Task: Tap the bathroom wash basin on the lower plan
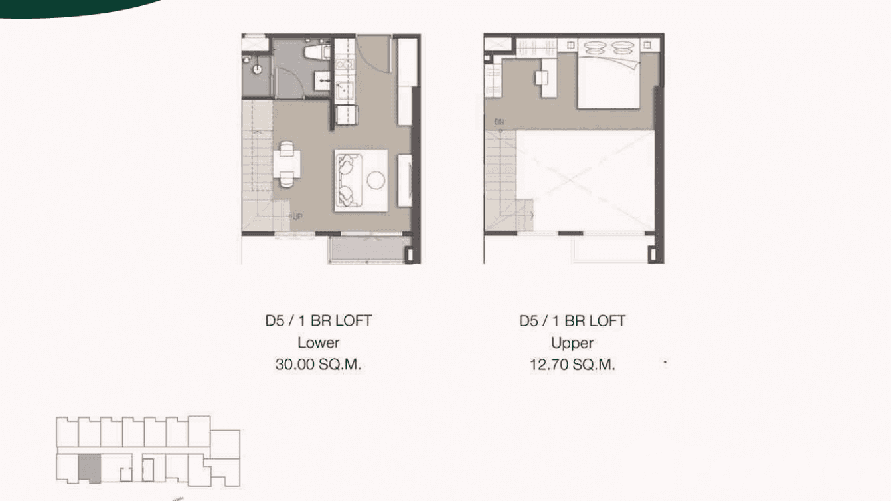[323, 81]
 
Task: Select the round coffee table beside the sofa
[376, 180]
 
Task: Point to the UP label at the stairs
[297, 216]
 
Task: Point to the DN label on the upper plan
[499, 122]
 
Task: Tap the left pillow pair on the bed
[594, 48]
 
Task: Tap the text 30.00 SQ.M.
[318, 365]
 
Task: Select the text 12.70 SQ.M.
[572, 365]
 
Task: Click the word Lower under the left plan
[318, 343]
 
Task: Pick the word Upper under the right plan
[572, 343]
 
